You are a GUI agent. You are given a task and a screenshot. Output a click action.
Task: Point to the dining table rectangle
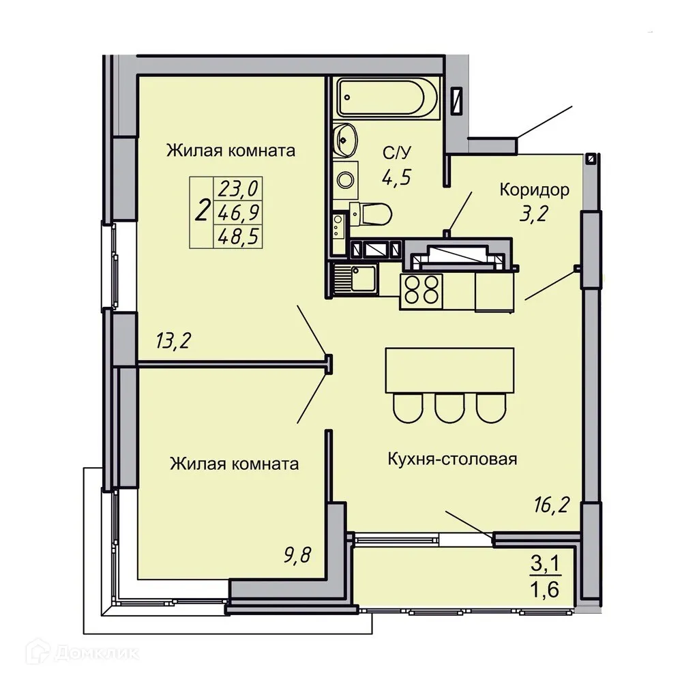pos(449,370)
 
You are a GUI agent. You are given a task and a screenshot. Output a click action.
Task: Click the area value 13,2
pos(173,339)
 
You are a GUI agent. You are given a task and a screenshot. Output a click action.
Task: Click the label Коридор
pos(534,190)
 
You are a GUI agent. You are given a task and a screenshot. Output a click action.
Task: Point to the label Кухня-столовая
pos(452,458)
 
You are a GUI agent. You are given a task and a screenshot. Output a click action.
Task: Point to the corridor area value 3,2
pos(534,216)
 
